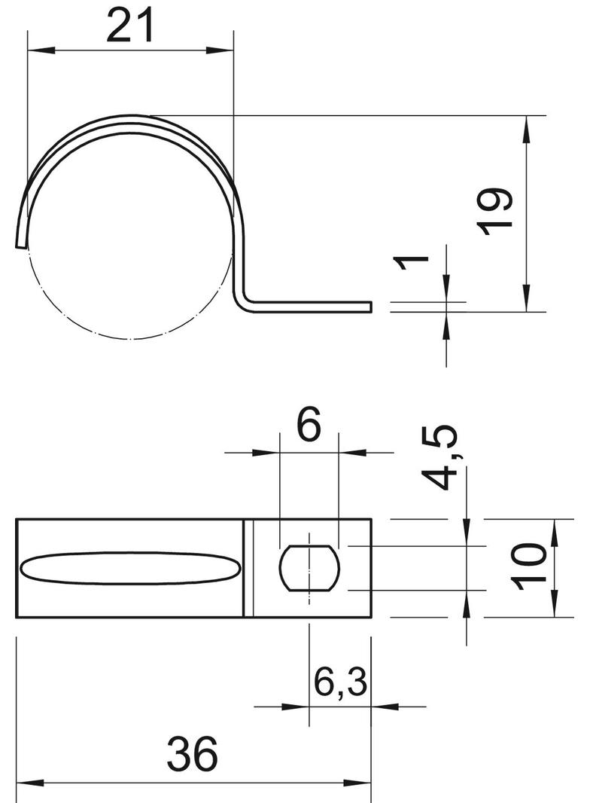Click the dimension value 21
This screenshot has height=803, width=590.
130,26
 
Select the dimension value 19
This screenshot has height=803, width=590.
495,212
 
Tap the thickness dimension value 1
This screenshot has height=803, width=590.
410,261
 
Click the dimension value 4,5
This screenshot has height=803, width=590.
438,456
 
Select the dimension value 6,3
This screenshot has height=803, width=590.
340,682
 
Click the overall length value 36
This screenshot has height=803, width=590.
193,754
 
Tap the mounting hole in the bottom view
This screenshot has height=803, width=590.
309,568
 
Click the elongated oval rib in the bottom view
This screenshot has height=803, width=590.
130,568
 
